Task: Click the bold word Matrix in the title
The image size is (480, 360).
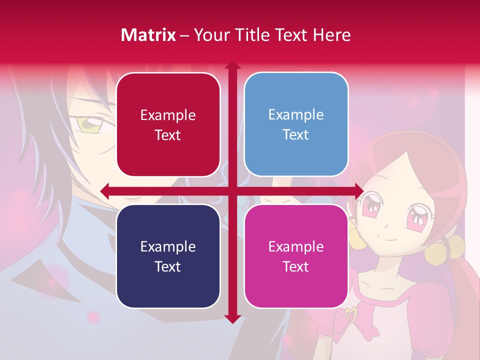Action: (148, 35)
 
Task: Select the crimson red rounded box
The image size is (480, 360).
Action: (168, 124)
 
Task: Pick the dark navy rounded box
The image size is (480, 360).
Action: (168, 256)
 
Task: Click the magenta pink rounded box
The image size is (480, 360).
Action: (296, 256)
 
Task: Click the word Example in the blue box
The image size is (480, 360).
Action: (296, 114)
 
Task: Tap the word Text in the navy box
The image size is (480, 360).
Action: (168, 266)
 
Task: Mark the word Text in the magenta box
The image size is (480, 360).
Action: (296, 266)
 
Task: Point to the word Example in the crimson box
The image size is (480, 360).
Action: (168, 115)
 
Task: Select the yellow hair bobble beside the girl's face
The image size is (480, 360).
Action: (438, 249)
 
